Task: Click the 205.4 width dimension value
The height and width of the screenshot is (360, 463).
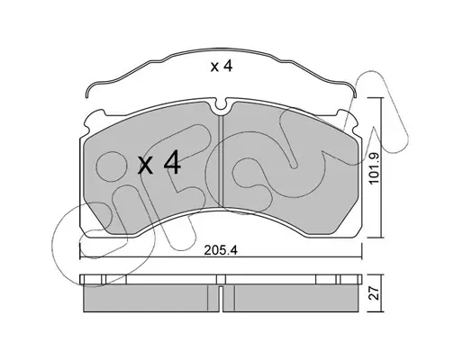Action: tap(221, 250)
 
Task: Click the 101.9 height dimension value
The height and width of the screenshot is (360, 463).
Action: tap(375, 168)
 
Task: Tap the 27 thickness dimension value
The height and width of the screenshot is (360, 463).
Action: tap(375, 293)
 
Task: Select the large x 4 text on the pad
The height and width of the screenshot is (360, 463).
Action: tap(159, 163)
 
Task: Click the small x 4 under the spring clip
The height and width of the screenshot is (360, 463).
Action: tap(222, 66)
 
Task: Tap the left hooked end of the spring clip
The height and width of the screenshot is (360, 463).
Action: tap(87, 93)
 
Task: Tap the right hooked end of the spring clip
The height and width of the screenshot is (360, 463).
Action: tap(354, 93)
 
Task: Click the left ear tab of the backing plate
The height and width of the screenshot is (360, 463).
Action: tap(93, 120)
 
